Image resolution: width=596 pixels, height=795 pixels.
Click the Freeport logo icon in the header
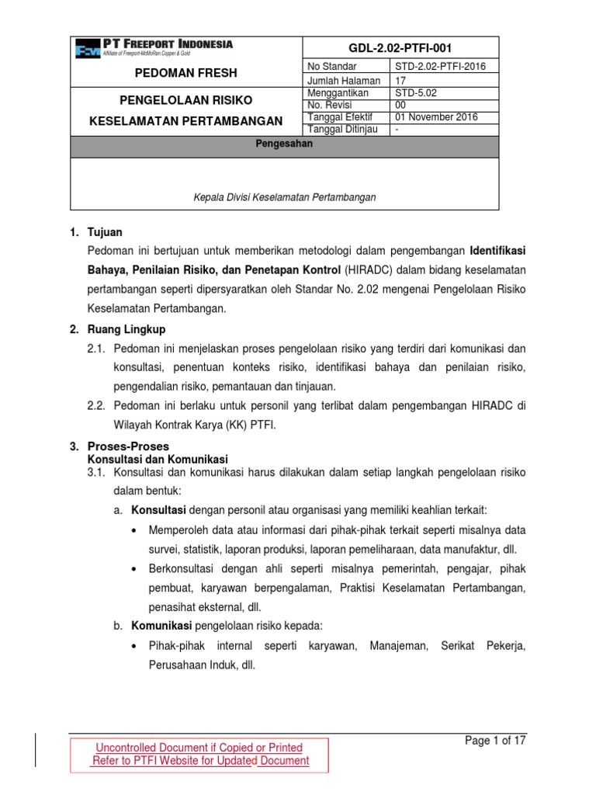pos(88,50)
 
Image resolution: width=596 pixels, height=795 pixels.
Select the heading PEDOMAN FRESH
pos(188,74)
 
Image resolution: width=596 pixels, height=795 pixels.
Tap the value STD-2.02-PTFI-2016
pos(440,67)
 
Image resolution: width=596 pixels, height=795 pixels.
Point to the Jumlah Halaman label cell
pos(344,80)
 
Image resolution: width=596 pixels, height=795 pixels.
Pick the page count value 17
pos(401,80)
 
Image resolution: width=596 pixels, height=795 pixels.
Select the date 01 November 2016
pos(437,117)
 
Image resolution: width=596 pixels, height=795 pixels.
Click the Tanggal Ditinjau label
pos(343,129)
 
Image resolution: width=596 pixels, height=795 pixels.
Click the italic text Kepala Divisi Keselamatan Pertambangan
pos(285,197)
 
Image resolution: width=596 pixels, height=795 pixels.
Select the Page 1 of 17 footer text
pos(495,741)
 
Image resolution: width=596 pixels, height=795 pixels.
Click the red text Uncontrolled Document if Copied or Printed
pos(199,748)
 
